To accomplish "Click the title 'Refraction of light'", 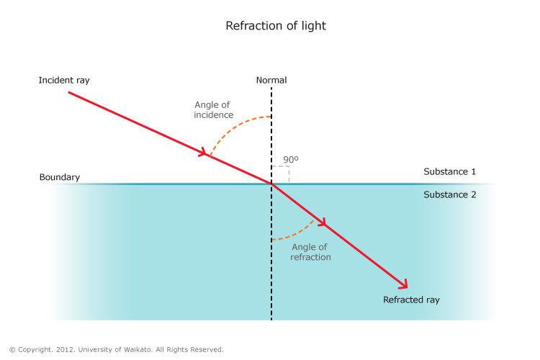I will [x=276, y=26].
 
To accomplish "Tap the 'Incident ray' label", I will [x=64, y=80].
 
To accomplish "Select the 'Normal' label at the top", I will [x=271, y=80].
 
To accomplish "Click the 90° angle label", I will [x=290, y=160].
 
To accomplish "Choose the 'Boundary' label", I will [x=60, y=177].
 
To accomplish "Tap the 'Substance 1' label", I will [x=449, y=172].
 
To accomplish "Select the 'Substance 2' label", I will [x=449, y=194].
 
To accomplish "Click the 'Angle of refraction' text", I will [x=310, y=252].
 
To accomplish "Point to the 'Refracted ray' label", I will [x=411, y=300].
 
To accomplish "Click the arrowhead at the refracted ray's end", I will [x=403, y=284].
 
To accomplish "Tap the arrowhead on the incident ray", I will [x=204, y=153].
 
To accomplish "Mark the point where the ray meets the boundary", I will [x=271, y=184].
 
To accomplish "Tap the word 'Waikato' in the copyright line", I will [x=156, y=350].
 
